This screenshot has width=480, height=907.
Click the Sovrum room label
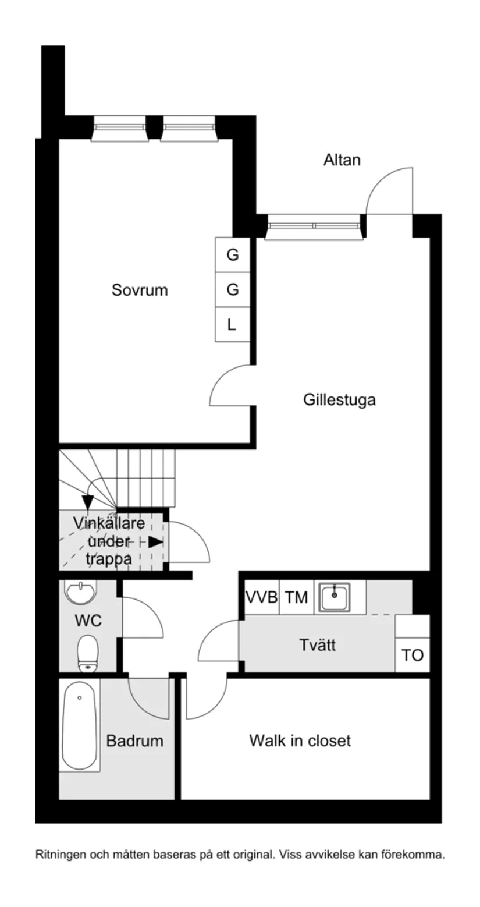[140, 290]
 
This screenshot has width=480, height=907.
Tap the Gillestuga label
[339, 400]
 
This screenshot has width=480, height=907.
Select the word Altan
[342, 160]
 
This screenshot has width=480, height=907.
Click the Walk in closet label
[300, 741]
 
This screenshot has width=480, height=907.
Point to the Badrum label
[134, 741]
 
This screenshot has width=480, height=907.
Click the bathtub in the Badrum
[80, 725]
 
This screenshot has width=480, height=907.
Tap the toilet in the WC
[88, 653]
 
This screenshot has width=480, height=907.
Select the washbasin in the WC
[81, 593]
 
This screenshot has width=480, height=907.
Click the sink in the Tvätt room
[333, 596]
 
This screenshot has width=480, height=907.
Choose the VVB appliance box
[261, 597]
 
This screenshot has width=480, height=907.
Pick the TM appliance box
[296, 597]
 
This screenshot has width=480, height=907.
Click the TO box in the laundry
[413, 656]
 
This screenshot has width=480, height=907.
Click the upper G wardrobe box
[232, 255]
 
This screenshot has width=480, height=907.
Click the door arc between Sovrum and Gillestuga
[230, 385]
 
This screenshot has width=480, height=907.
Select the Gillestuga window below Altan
[314, 226]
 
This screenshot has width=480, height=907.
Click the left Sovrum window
[119, 127]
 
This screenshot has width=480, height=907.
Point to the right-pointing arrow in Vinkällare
[155, 542]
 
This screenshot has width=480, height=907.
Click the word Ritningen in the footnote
[59, 855]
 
